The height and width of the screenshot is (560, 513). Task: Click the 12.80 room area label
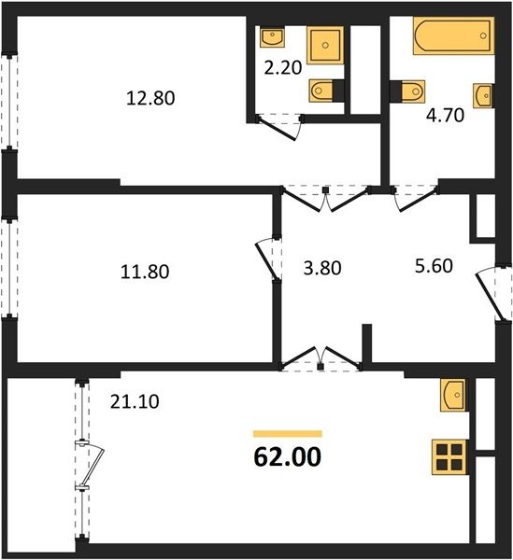click(x=150, y=98)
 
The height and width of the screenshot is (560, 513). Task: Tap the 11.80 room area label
click(x=145, y=272)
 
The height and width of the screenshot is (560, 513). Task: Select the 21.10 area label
click(x=135, y=401)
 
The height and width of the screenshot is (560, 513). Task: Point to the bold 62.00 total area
click(x=288, y=457)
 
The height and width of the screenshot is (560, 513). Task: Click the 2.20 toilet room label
click(x=283, y=67)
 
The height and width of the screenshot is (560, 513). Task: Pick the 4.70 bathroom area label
click(x=446, y=116)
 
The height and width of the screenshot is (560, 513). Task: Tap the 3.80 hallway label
click(x=322, y=268)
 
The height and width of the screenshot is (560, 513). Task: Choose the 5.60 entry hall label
click(x=434, y=266)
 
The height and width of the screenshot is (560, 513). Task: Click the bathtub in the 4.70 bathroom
click(x=453, y=35)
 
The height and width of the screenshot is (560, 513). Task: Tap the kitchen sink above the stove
click(x=453, y=395)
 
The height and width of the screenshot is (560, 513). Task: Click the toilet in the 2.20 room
click(x=321, y=91)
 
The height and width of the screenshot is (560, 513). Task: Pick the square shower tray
click(x=325, y=45)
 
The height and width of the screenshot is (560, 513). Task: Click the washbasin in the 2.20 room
click(x=273, y=37)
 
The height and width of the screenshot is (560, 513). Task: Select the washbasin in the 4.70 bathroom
click(x=483, y=96)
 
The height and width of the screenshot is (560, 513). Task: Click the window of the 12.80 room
click(x=9, y=101)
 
